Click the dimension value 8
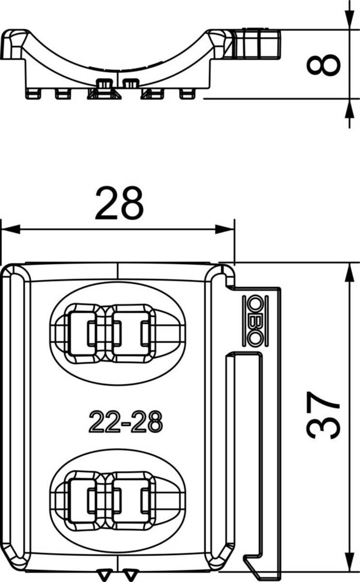pyautogui.click(x=323, y=65)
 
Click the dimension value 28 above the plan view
pyautogui.click(x=119, y=203)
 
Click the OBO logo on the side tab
pyautogui.click(x=256, y=321)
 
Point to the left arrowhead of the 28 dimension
pyautogui.click(x=10, y=229)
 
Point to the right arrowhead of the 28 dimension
pyautogui.click(x=225, y=229)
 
